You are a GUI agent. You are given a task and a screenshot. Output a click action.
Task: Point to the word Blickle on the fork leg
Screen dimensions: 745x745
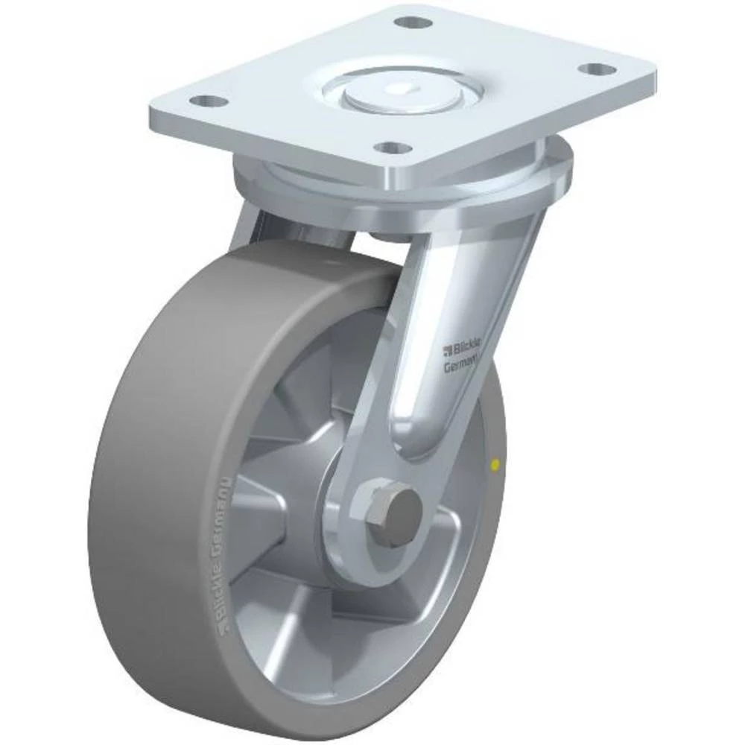pos(465,346)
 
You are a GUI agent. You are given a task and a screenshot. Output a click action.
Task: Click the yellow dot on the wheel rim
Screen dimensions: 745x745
pos(492,466)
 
